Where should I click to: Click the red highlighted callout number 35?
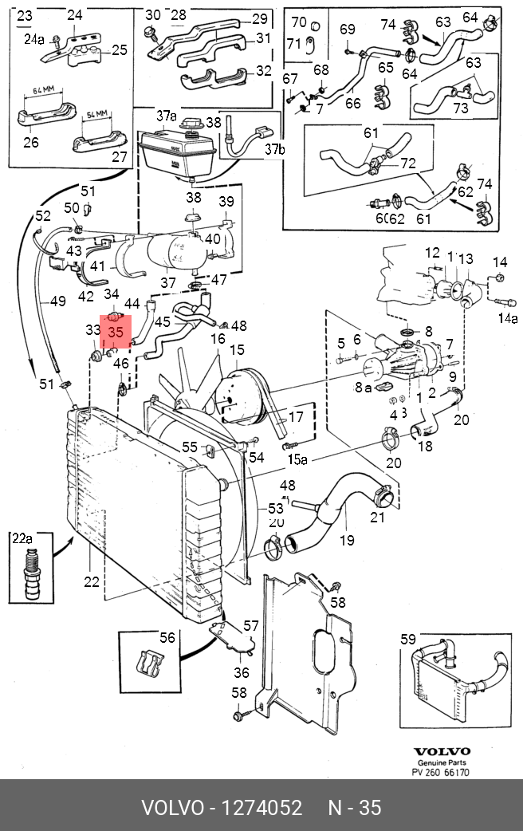click(x=115, y=331)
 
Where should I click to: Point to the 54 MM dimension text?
click(x=96, y=115)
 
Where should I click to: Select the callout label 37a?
click(x=165, y=116)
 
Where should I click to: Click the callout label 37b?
click(x=274, y=149)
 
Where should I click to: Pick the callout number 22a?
click(x=22, y=538)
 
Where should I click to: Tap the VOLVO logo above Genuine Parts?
click(x=442, y=751)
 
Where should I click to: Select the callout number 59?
click(x=408, y=639)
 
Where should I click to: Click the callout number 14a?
click(x=508, y=319)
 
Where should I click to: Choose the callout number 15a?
click(x=297, y=459)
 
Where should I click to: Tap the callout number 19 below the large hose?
click(x=347, y=541)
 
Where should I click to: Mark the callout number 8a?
click(x=364, y=388)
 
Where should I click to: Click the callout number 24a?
click(x=34, y=38)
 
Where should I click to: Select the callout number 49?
click(x=57, y=301)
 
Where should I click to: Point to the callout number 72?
click(x=408, y=163)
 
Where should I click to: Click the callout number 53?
click(x=276, y=508)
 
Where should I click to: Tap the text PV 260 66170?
click(x=442, y=773)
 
